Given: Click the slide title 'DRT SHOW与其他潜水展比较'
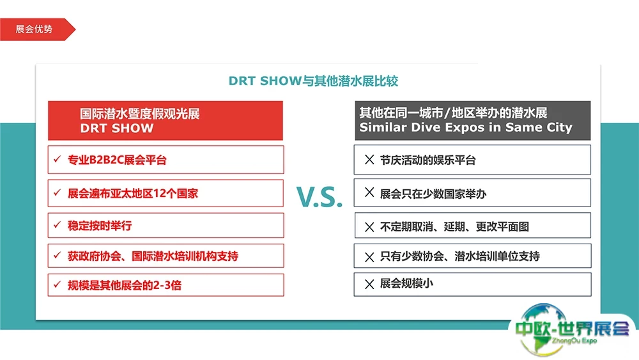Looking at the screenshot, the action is [x=313, y=81].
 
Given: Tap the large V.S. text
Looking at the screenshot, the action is [x=319, y=197].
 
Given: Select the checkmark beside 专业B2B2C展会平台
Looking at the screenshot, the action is [x=57, y=159].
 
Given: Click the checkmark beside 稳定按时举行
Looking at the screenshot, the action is [x=57, y=224].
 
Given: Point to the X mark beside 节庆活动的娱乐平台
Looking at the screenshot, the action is [x=369, y=159].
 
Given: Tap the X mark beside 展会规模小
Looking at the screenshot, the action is [x=369, y=284].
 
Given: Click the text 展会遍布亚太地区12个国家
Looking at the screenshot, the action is [x=133, y=193].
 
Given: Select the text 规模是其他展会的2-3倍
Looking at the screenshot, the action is [x=125, y=285].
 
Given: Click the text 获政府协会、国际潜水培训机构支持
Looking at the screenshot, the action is [x=153, y=256].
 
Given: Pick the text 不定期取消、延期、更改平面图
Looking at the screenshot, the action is [x=454, y=226].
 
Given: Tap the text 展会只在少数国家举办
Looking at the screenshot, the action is [x=433, y=194].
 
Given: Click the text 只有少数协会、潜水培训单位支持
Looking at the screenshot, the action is [x=459, y=256].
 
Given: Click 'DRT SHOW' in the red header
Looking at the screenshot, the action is [x=116, y=128].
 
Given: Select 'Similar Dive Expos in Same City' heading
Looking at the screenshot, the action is [x=466, y=127].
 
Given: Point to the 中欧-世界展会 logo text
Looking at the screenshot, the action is [x=572, y=328].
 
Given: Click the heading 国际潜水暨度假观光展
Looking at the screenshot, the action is [x=140, y=113].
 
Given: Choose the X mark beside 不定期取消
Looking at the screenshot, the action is [x=369, y=227].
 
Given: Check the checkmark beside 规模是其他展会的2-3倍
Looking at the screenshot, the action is [x=57, y=284].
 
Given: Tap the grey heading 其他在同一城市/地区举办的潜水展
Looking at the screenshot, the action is [x=453, y=112].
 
